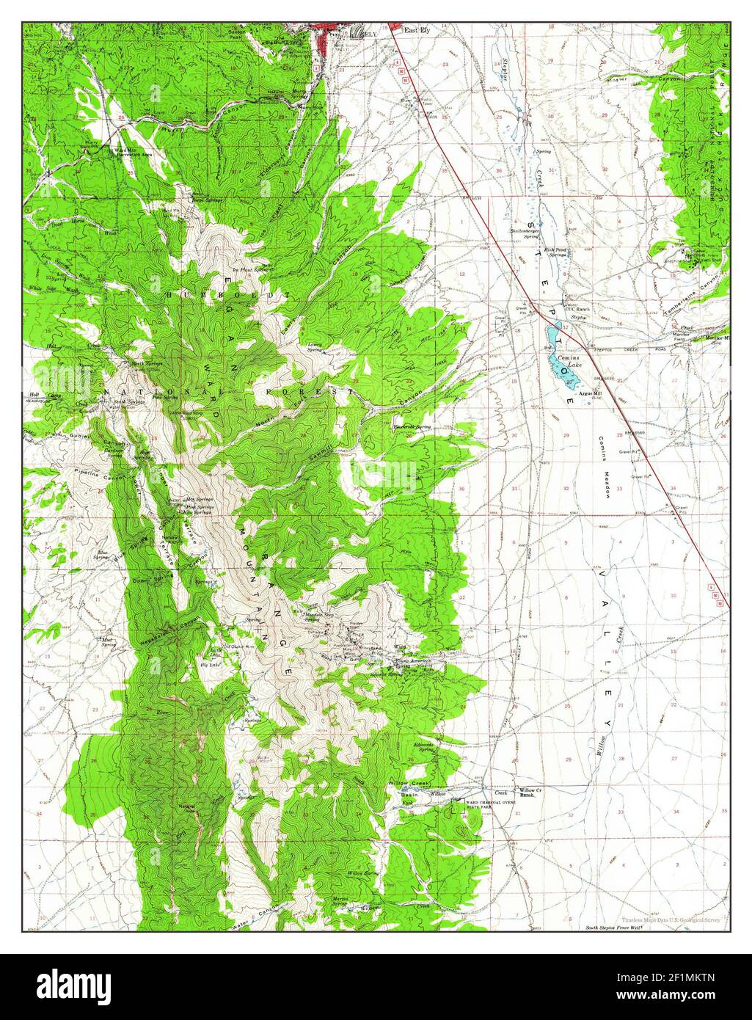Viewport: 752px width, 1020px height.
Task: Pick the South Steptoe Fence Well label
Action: tap(613, 928)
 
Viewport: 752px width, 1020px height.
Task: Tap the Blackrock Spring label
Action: tap(412, 426)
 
